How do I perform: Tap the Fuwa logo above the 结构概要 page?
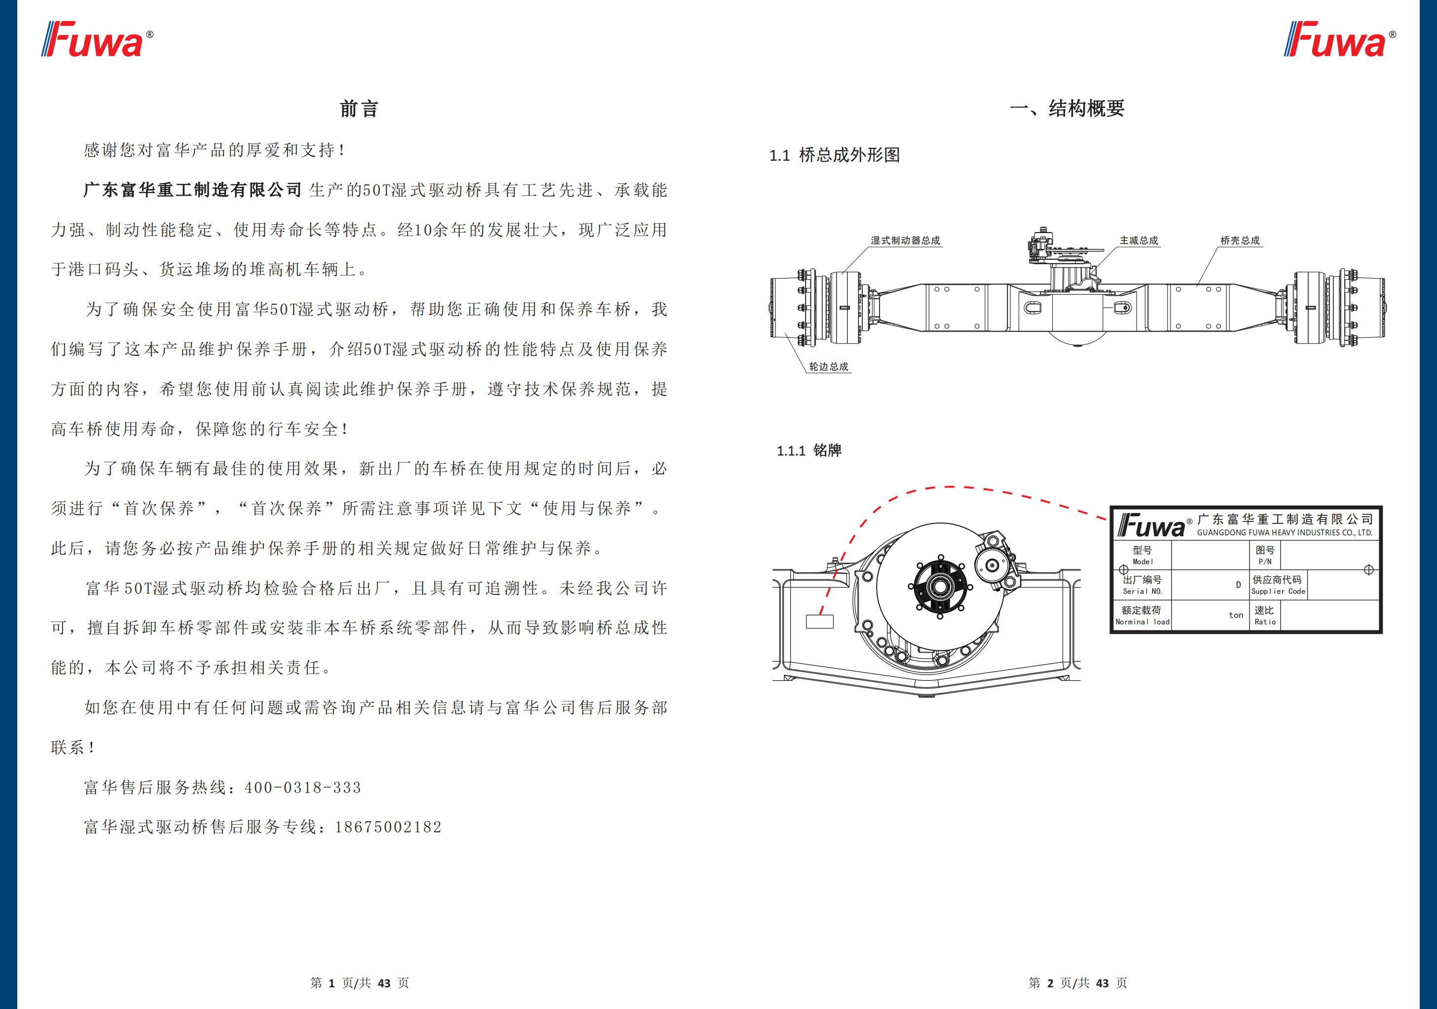1339,39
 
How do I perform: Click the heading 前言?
359,109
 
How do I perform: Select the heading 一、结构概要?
1067,109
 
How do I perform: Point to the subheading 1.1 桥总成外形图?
834,155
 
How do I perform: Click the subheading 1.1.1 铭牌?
809,451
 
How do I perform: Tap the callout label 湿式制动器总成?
905,240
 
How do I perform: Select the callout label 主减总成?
1139,240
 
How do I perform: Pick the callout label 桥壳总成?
1240,240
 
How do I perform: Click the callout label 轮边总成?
829,367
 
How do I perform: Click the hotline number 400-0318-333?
303,788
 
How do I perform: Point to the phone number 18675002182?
388,827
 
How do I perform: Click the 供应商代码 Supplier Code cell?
1277,585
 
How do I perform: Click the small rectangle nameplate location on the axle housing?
819,621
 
